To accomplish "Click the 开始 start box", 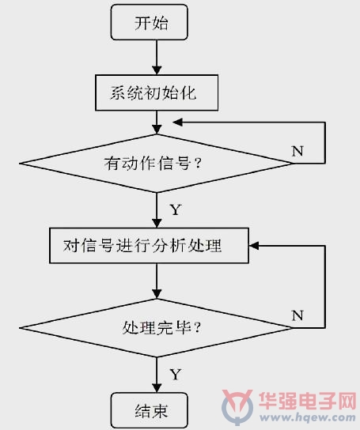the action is [x=150, y=22].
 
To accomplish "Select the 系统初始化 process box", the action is [x=157, y=92].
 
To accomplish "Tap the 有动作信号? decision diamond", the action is [x=156, y=164].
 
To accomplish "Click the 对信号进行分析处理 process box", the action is [x=149, y=246].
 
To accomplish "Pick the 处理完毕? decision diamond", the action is [x=156, y=328].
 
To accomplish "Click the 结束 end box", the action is [x=150, y=410].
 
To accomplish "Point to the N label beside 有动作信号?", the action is [x=297, y=151].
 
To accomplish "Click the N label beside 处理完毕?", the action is [x=297, y=315].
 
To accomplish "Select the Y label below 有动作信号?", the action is [x=176, y=209].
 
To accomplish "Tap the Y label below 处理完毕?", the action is [x=176, y=374].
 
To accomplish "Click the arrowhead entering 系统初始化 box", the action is [x=157, y=70].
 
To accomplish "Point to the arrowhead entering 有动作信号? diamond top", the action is [x=157, y=130].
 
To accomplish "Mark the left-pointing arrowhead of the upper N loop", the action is [x=178, y=123].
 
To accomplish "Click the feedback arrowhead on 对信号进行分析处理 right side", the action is [x=254, y=246].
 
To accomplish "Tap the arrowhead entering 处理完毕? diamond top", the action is [x=157, y=294].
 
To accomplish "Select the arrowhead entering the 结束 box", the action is [x=157, y=388].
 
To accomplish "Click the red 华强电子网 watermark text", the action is [x=308, y=401].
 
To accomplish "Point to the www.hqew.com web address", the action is [x=308, y=417].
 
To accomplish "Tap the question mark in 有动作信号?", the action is [x=198, y=164].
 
